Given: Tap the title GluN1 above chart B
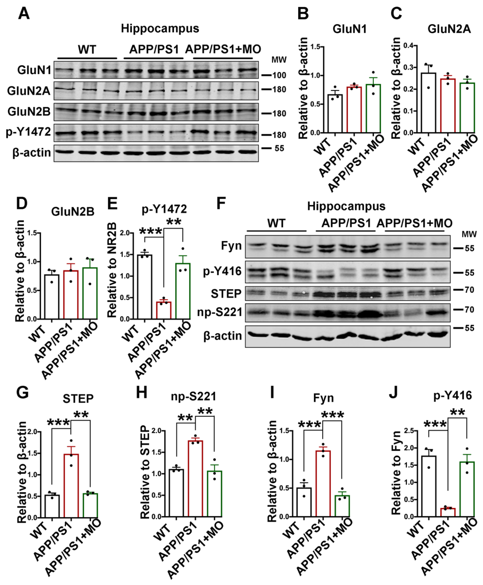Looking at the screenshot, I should pyautogui.click(x=349, y=29).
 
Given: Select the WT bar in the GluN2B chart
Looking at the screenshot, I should pyautogui.click(x=52, y=297).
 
